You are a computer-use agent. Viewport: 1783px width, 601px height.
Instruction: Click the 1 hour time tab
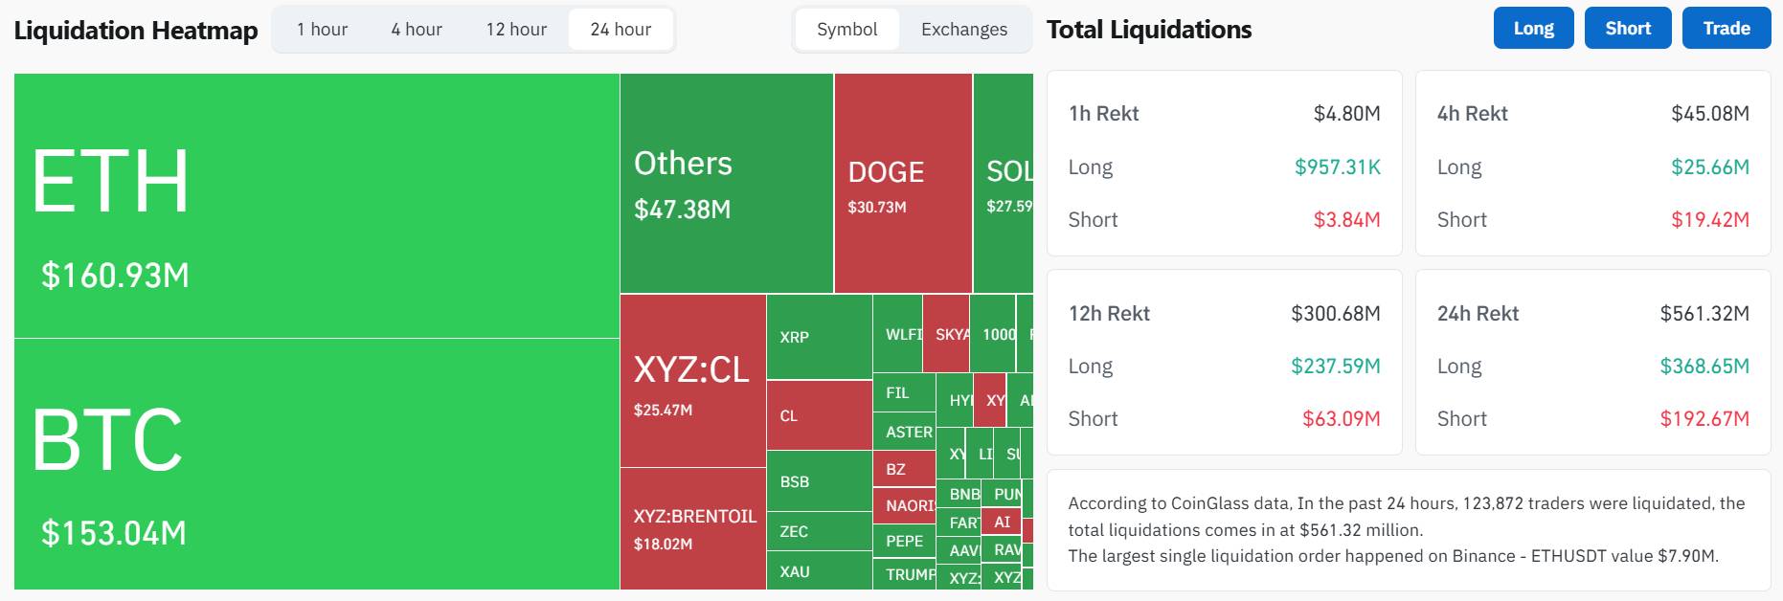click(x=322, y=30)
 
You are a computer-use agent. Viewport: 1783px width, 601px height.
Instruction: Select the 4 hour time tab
click(x=417, y=30)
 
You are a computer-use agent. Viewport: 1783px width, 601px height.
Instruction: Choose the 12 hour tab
click(x=516, y=30)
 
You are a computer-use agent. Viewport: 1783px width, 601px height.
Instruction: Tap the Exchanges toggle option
click(x=963, y=30)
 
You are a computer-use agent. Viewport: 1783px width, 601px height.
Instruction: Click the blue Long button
click(x=1533, y=28)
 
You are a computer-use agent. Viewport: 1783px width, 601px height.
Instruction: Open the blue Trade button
click(x=1726, y=28)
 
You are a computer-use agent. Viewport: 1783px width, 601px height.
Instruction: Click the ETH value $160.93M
click(x=115, y=276)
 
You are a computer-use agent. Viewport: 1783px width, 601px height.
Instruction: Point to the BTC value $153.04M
click(x=114, y=533)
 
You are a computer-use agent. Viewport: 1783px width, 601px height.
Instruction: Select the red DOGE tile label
click(x=886, y=172)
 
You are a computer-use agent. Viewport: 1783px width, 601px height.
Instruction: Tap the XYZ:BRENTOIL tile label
click(x=694, y=517)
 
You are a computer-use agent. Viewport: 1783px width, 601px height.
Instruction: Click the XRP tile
click(x=795, y=337)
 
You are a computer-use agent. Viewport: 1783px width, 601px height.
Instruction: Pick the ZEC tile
click(x=794, y=531)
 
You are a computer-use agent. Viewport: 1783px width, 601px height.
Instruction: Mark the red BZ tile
click(x=896, y=469)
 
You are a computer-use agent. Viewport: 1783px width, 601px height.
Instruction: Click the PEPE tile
click(x=904, y=541)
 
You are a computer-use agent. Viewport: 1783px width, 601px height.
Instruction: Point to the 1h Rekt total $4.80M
click(x=1346, y=114)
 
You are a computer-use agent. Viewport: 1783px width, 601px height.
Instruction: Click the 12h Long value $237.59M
click(x=1335, y=366)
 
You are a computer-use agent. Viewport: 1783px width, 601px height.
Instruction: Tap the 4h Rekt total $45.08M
click(x=1709, y=114)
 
